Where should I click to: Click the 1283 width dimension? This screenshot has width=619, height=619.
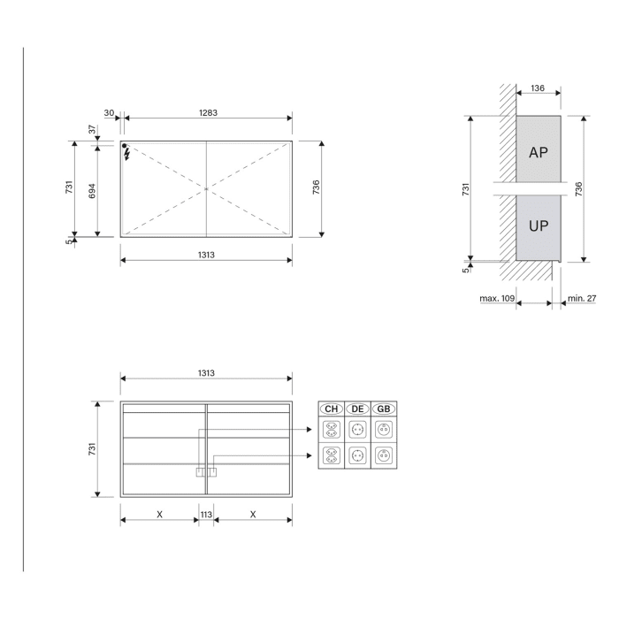[208, 113]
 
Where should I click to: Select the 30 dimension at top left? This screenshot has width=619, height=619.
[109, 113]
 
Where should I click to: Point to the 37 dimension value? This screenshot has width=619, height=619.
[91, 129]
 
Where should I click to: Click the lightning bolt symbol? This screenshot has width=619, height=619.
[127, 155]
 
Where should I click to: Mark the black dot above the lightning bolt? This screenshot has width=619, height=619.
[126, 146]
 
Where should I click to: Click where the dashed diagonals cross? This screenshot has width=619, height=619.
[206, 188]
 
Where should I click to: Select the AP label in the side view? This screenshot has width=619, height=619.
[538, 152]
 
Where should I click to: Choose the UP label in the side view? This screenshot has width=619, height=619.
[538, 225]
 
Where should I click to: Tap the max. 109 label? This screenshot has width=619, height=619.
[497, 299]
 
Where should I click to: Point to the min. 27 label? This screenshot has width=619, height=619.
[581, 299]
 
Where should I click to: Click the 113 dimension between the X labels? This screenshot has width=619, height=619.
[206, 514]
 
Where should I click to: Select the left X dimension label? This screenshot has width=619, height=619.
[159, 514]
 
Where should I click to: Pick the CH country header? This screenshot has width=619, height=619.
[332, 409]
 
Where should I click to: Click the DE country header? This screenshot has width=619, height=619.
[358, 409]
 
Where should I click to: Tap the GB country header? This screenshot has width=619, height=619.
[384, 409]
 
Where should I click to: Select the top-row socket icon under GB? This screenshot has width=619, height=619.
[384, 430]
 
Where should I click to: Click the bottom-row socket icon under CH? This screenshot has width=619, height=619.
[332, 455]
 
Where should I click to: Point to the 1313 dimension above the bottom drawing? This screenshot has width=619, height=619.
[206, 373]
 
